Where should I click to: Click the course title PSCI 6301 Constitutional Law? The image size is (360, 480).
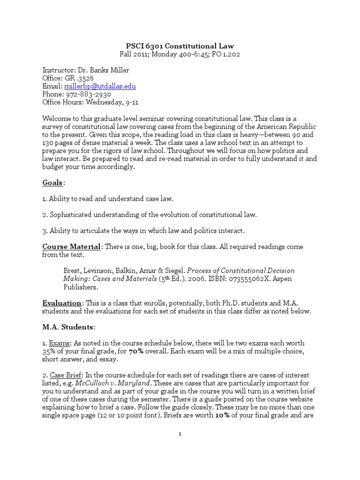180,45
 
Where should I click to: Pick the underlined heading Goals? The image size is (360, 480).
52,182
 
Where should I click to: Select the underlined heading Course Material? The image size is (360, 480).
71,247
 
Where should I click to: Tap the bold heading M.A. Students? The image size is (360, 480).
68,327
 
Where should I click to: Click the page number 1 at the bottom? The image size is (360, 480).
180,434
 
